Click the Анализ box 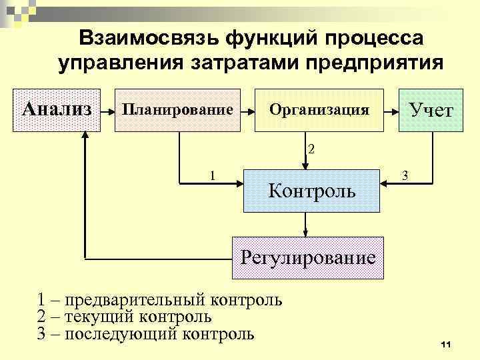(57, 109)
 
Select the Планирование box (177, 109)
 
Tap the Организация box (319, 109)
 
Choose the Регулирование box (307, 257)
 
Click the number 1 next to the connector (212, 176)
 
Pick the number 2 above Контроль (311, 148)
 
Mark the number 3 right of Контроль (404, 175)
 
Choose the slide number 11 (446, 343)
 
